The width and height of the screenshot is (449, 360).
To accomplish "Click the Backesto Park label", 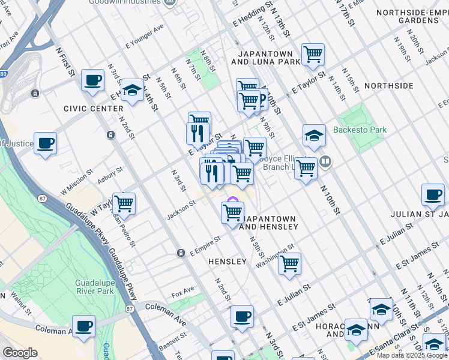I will (360, 130).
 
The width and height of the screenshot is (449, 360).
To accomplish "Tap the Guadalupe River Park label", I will (94, 287).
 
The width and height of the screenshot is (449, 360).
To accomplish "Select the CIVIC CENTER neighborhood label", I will (88, 109).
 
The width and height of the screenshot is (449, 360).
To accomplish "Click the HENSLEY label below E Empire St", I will (227, 262).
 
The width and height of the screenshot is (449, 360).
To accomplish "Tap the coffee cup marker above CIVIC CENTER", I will (92, 80).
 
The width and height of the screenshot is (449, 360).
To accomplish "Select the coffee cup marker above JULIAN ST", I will (432, 194).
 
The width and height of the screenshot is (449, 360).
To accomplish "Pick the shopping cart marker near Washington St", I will (289, 263).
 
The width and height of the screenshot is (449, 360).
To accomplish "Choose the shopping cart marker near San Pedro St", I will (124, 203).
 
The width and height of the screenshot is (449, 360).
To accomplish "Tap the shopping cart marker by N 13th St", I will (313, 54).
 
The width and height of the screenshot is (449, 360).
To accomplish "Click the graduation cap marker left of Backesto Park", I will (313, 136).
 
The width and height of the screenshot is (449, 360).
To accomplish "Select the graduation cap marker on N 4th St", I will (131, 90).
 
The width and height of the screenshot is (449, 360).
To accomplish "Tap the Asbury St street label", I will (110, 174).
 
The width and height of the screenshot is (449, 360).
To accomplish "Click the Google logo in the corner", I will (20, 352).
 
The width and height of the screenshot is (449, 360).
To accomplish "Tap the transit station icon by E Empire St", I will (180, 253).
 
